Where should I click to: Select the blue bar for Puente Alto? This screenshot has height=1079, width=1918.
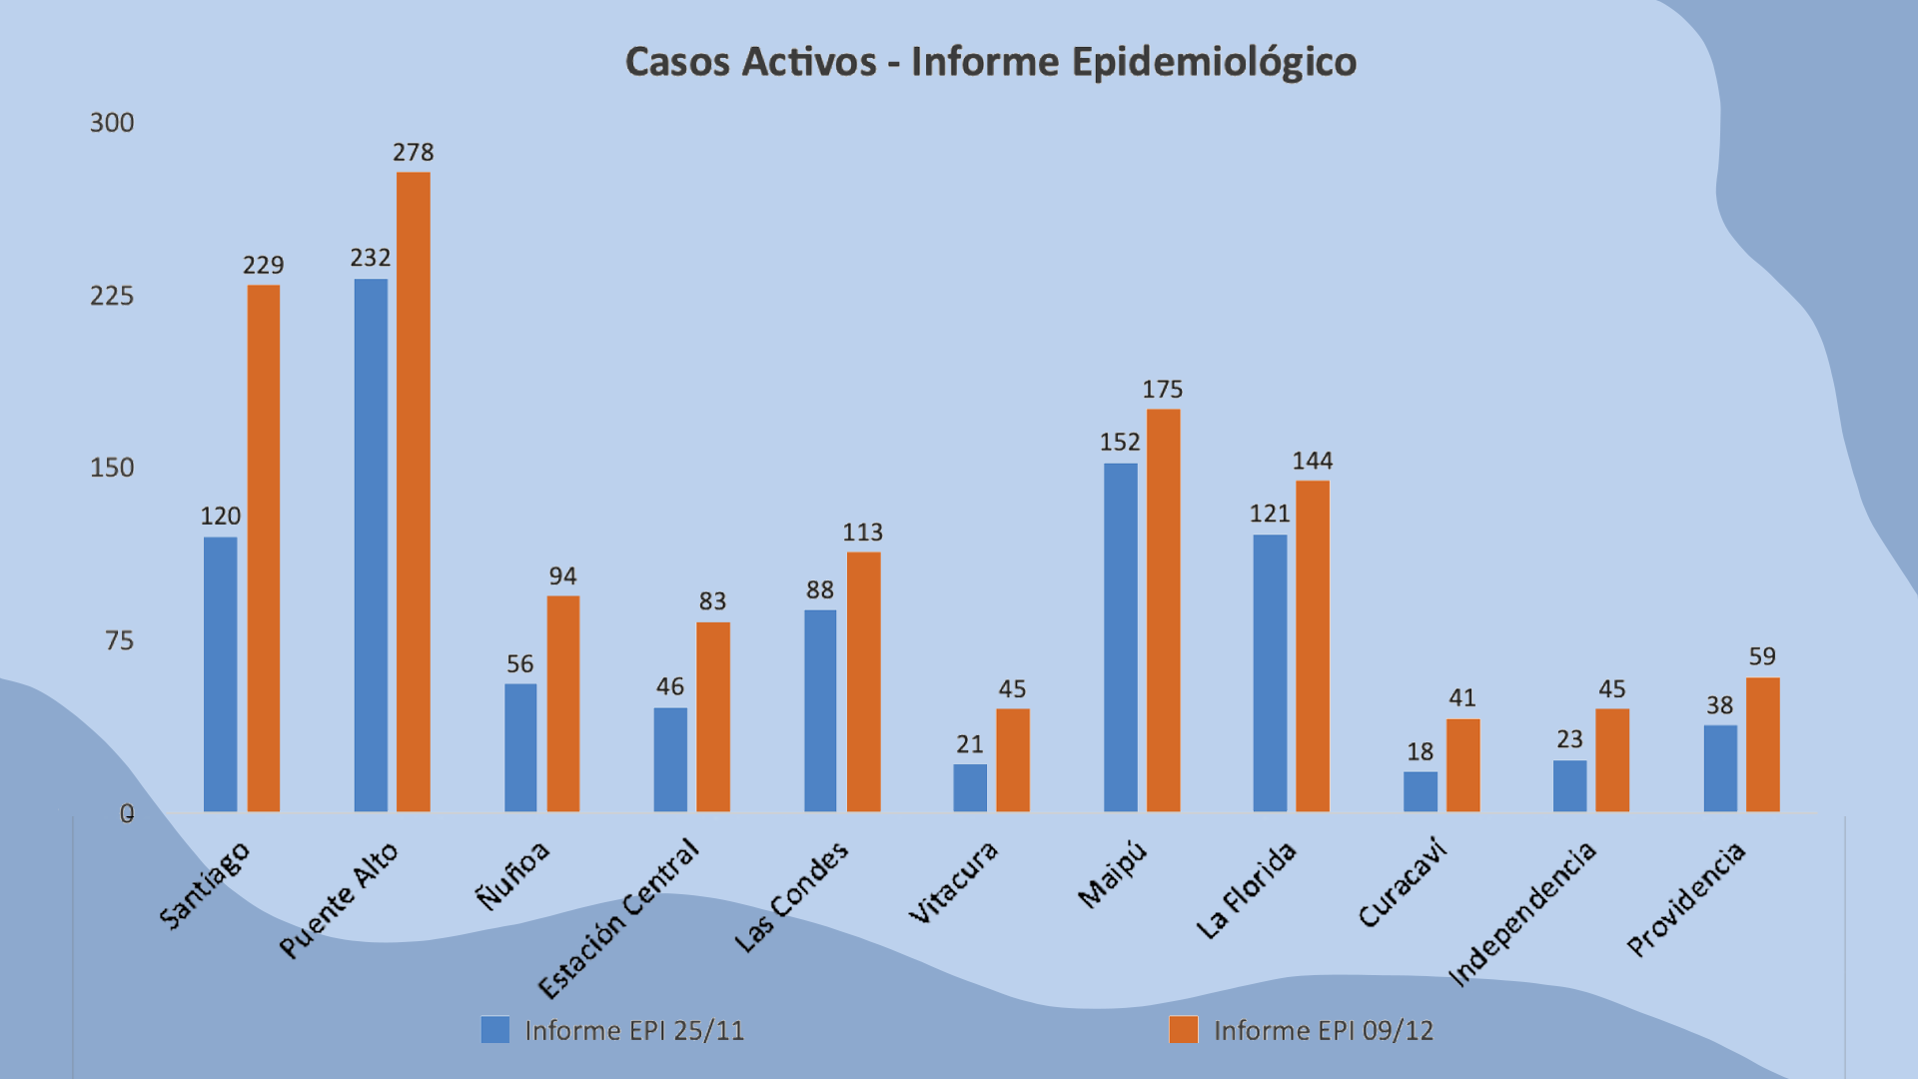click(x=371, y=544)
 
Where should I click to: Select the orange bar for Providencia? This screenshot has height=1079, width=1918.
click(x=1762, y=744)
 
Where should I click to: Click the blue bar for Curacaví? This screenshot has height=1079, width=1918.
click(x=1420, y=791)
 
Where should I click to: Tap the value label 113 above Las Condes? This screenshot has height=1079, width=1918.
click(x=862, y=533)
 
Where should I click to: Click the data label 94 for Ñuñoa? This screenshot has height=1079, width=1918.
click(x=562, y=576)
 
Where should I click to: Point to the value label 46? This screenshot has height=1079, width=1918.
click(x=669, y=687)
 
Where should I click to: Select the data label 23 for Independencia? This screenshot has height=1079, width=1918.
click(x=1569, y=739)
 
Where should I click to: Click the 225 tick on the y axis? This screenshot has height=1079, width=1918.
click(x=112, y=296)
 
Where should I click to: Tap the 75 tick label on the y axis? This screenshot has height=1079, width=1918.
click(x=119, y=641)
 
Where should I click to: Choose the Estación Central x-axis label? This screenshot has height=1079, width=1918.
click(x=619, y=919)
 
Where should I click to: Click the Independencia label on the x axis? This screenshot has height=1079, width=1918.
click(x=1523, y=914)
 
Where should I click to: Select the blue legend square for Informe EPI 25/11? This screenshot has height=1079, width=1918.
click(x=495, y=1030)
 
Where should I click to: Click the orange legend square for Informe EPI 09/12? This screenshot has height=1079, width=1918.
click(x=1184, y=1030)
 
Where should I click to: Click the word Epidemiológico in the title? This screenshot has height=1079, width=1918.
click(x=1214, y=63)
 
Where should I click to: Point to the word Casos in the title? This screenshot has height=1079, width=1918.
click(x=677, y=63)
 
